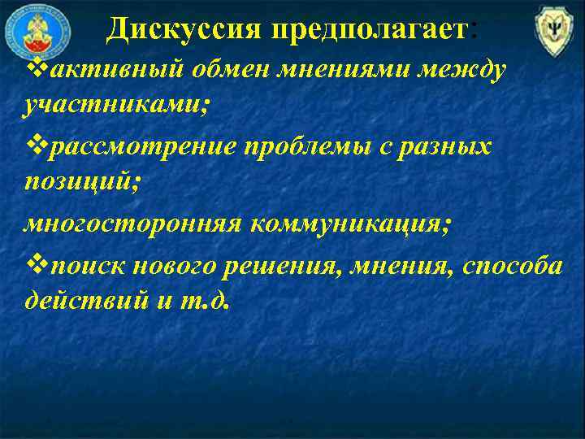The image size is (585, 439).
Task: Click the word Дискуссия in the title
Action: tap(183, 30)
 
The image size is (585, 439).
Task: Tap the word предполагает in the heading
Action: tap(370, 30)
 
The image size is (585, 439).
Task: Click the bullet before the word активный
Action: tap(32, 69)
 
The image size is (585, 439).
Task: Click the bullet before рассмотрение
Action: tap(32, 147)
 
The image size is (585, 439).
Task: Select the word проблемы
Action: tap(317, 147)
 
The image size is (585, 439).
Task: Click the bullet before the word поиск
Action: tap(32, 263)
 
